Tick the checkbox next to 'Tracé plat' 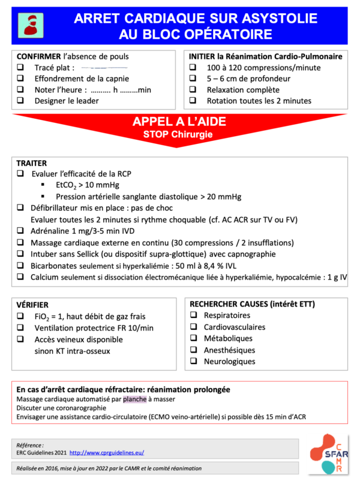(x=21, y=68)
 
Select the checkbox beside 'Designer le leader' (x=21, y=101)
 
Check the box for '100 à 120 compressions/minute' (x=193, y=68)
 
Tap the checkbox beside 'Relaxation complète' (x=193, y=90)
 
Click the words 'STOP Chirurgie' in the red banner (x=178, y=134)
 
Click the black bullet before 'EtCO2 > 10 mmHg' (x=43, y=185)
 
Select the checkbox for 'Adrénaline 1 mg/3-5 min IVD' (x=21, y=232)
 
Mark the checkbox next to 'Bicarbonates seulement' (x=21, y=266)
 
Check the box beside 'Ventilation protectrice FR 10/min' (x=21, y=328)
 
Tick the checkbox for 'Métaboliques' (x=193, y=339)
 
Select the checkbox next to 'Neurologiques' (x=193, y=362)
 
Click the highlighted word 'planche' (x=134, y=399)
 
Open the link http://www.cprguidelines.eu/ (x=107, y=452)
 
